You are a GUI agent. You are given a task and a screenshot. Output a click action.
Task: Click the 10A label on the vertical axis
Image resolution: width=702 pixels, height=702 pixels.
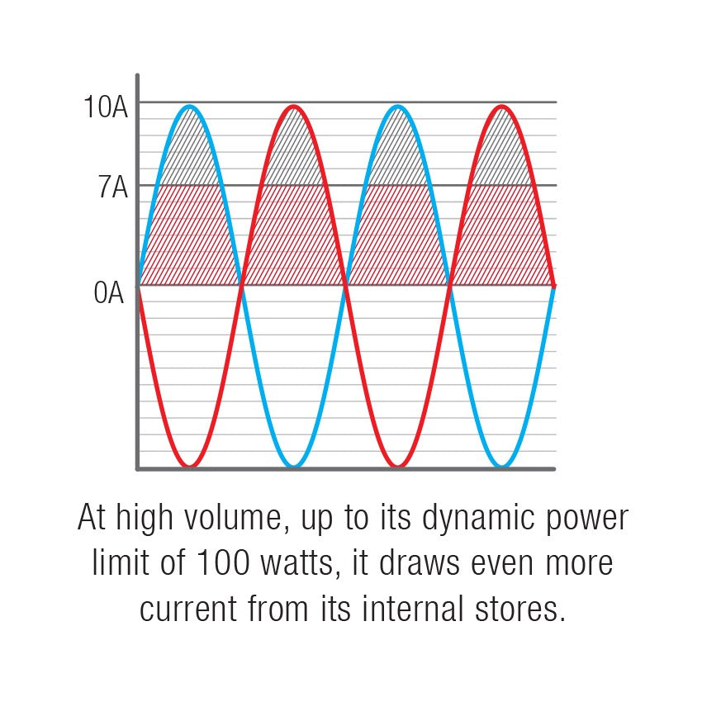(106, 107)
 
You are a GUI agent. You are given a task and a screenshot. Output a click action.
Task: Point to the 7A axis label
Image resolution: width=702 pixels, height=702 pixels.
(113, 187)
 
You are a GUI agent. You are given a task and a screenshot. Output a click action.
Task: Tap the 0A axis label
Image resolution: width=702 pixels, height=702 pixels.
(109, 293)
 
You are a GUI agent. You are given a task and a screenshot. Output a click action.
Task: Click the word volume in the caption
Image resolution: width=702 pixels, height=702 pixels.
(233, 518)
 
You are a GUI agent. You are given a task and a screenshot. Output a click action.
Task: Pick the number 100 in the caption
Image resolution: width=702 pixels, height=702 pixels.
(223, 563)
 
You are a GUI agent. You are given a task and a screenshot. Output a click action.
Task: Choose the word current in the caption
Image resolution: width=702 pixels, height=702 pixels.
(188, 610)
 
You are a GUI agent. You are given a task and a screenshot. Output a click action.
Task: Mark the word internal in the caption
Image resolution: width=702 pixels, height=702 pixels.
(412, 609)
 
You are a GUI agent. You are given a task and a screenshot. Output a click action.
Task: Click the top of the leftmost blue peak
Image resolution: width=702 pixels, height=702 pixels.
(190, 107)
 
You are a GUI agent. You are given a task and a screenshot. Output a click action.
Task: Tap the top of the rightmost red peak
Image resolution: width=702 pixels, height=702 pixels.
(502, 107)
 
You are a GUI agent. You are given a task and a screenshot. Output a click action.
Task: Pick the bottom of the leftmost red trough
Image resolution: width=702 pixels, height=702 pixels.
(190, 466)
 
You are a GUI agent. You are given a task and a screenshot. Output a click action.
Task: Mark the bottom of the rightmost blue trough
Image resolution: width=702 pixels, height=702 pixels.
(502, 466)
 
